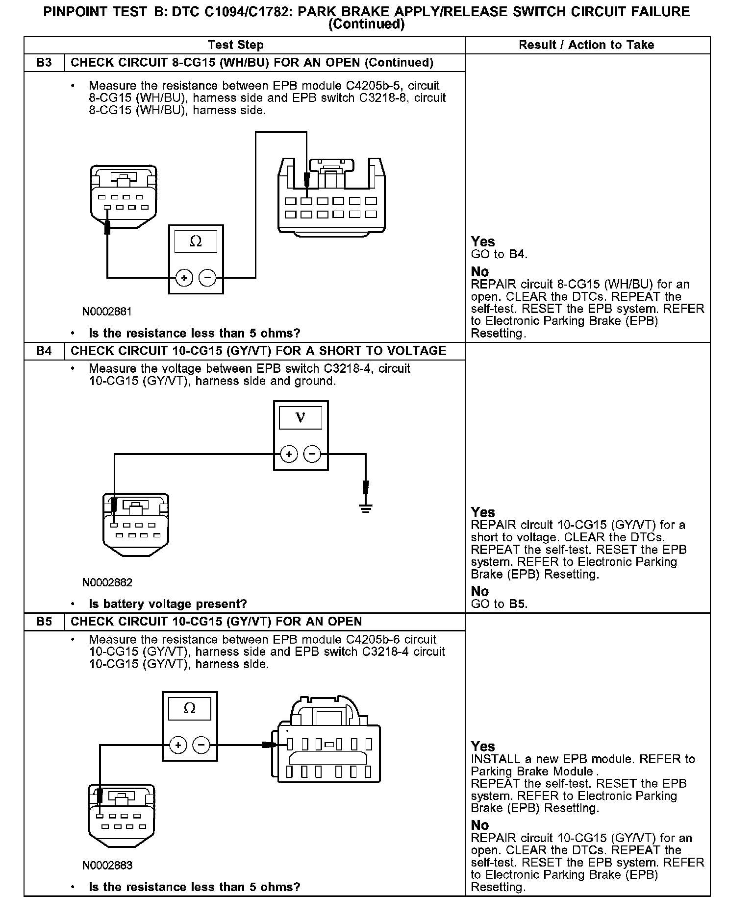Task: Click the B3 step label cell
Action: click(x=44, y=63)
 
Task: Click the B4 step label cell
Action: click(x=44, y=351)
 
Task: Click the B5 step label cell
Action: click(x=44, y=622)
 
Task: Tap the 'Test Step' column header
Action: click(x=235, y=45)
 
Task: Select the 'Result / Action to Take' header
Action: click(x=586, y=45)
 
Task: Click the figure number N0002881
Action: click(x=107, y=312)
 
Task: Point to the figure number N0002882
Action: click(x=107, y=582)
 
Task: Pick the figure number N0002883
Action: click(x=107, y=866)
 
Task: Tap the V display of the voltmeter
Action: click(x=301, y=418)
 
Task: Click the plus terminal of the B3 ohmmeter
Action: click(x=184, y=278)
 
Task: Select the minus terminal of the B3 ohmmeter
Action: click(x=208, y=278)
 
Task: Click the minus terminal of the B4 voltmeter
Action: click(x=313, y=454)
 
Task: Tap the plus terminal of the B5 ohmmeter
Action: click(x=178, y=746)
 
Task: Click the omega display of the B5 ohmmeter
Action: click(x=190, y=708)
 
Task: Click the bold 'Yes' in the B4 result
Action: click(x=483, y=512)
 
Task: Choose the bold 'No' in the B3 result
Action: click(x=480, y=272)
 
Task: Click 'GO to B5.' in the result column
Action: click(x=499, y=604)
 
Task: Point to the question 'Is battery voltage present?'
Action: click(x=168, y=604)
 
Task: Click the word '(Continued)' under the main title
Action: click(x=366, y=24)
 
